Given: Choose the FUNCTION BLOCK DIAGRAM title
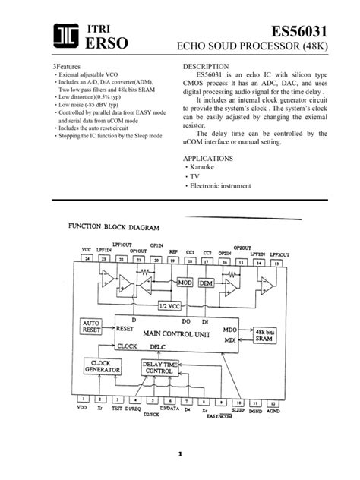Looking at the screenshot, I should click(114, 227).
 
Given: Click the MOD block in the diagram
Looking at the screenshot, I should click(186, 283).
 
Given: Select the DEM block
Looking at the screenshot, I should click(206, 283).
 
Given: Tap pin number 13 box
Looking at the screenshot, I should click(275, 262).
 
